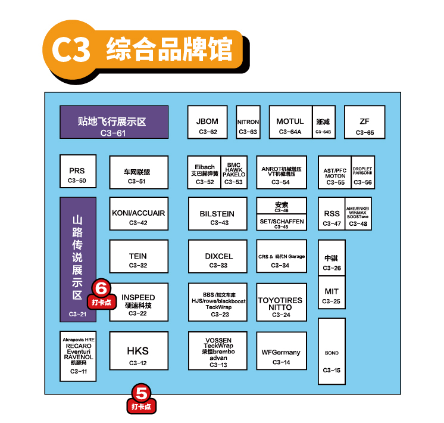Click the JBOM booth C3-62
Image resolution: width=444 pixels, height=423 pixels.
(x=207, y=122)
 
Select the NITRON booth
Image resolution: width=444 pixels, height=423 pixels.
(x=248, y=122)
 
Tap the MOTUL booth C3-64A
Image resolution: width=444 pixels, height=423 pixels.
(x=290, y=122)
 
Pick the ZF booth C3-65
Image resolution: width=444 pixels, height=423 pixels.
(x=364, y=122)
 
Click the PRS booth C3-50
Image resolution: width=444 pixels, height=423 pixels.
(x=77, y=172)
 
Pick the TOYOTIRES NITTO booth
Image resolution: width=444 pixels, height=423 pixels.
(x=281, y=304)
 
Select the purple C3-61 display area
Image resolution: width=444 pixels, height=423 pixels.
(x=114, y=122)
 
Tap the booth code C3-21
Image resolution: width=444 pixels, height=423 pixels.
(x=77, y=314)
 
